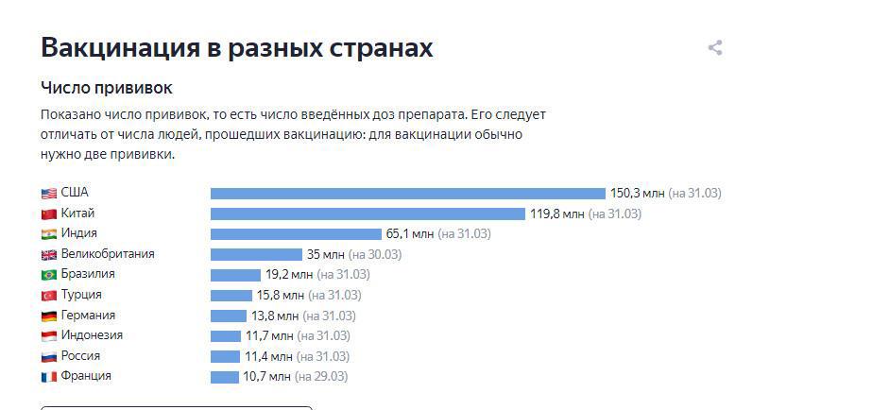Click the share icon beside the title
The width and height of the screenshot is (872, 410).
click(x=715, y=48)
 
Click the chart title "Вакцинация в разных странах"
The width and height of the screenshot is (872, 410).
click(x=236, y=48)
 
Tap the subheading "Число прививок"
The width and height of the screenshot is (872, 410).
click(x=106, y=88)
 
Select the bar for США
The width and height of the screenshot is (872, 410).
click(x=407, y=193)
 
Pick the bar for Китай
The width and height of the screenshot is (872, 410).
click(x=367, y=214)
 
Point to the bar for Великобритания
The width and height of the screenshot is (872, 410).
click(x=256, y=254)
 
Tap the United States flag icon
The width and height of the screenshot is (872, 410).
click(x=49, y=193)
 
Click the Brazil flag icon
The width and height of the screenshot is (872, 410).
click(x=49, y=275)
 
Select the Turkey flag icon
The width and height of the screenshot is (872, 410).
click(x=49, y=296)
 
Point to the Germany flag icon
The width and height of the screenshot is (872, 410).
click(x=49, y=316)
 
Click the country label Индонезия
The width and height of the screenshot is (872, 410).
click(x=92, y=335)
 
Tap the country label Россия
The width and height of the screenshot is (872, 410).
click(x=80, y=356)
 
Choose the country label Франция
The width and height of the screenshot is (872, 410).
click(x=86, y=376)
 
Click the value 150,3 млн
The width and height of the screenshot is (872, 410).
click(x=637, y=193)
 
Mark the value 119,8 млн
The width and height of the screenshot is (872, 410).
click(x=556, y=214)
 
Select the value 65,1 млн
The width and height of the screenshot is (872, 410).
click(x=410, y=233)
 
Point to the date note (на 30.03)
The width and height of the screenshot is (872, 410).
click(x=375, y=254)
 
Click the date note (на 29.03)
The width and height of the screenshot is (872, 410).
click(x=321, y=376)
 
